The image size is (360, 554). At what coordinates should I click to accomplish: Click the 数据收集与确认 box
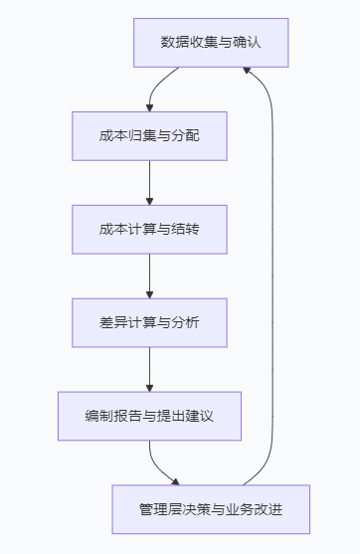pyautogui.click(x=211, y=42)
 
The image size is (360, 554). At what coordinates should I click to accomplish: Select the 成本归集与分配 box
pyautogui.click(x=149, y=135)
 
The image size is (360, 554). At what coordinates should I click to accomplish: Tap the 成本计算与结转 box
pyautogui.click(x=149, y=229)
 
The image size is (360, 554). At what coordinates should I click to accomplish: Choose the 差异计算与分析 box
pyautogui.click(x=149, y=322)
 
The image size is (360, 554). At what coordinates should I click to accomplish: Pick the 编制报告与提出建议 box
pyautogui.click(x=149, y=416)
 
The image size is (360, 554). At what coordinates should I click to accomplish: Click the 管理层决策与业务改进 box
pyautogui.click(x=211, y=509)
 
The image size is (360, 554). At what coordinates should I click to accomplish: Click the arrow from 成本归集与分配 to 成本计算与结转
pyautogui.click(x=149, y=182)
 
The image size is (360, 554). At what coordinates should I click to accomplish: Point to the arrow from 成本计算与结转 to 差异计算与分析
pyautogui.click(x=149, y=276)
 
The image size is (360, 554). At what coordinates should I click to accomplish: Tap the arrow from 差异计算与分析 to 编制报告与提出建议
pyautogui.click(x=149, y=369)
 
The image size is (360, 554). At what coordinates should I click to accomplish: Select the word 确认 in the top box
pyautogui.click(x=249, y=42)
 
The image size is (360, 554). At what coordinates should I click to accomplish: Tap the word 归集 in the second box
pyautogui.click(x=136, y=135)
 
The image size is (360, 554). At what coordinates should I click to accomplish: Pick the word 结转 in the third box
pyautogui.click(x=187, y=229)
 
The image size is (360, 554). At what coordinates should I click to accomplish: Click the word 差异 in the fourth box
pyautogui.click(x=111, y=322)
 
